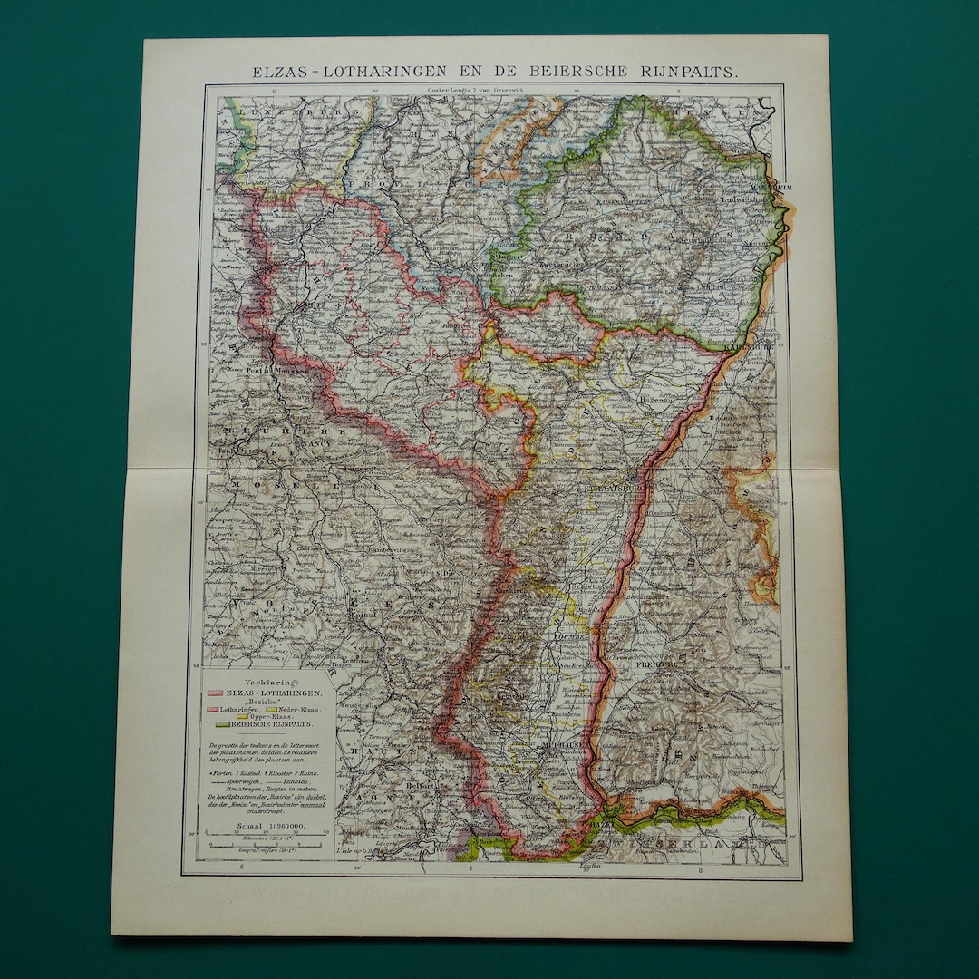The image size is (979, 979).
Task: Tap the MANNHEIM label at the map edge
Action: coord(776,187)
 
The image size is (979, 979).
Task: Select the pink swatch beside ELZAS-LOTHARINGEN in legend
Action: coord(216,692)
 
